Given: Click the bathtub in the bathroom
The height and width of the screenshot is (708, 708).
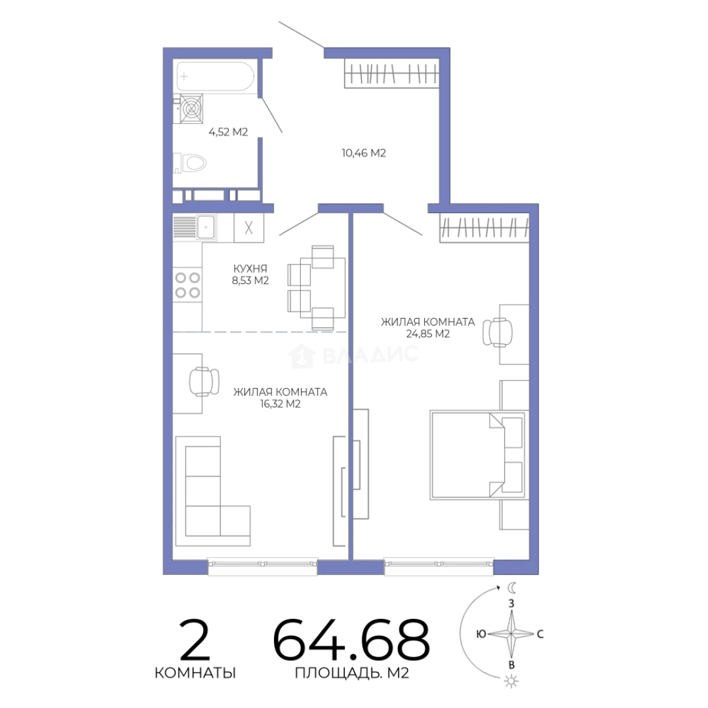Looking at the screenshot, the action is coord(216,76).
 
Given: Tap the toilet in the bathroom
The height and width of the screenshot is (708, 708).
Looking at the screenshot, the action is coord(190,163).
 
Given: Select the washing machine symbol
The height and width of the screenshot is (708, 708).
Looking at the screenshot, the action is coord(191,108).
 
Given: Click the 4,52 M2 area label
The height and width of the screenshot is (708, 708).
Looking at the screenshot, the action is coord(228,132).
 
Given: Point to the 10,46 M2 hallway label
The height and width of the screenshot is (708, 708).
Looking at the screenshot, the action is coord(363,153).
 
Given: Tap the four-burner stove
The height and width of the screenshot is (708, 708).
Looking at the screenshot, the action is coord(188,285).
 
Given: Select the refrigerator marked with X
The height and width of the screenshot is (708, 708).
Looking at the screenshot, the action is coord(249,227).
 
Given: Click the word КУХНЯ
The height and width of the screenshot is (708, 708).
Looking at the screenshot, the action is coord(250,269).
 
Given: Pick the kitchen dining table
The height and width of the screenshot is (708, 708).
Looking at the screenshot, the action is coord(323,287).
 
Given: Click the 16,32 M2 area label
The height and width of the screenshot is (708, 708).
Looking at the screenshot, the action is coord(280,404).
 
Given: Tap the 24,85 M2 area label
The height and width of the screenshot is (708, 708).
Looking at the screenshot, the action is coord(427,334).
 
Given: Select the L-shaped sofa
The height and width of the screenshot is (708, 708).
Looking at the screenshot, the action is coord(212,491).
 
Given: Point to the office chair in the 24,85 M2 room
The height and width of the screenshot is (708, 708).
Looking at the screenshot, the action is coord(498,332).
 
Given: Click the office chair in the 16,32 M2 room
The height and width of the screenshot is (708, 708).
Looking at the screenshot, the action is coord(204,382).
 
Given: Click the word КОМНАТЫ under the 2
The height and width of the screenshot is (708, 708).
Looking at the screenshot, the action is coord(195,673).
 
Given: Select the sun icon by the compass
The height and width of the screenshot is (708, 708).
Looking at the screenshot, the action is coord(511,681).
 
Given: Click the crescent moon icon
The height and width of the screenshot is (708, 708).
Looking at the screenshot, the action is coord(511,587).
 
